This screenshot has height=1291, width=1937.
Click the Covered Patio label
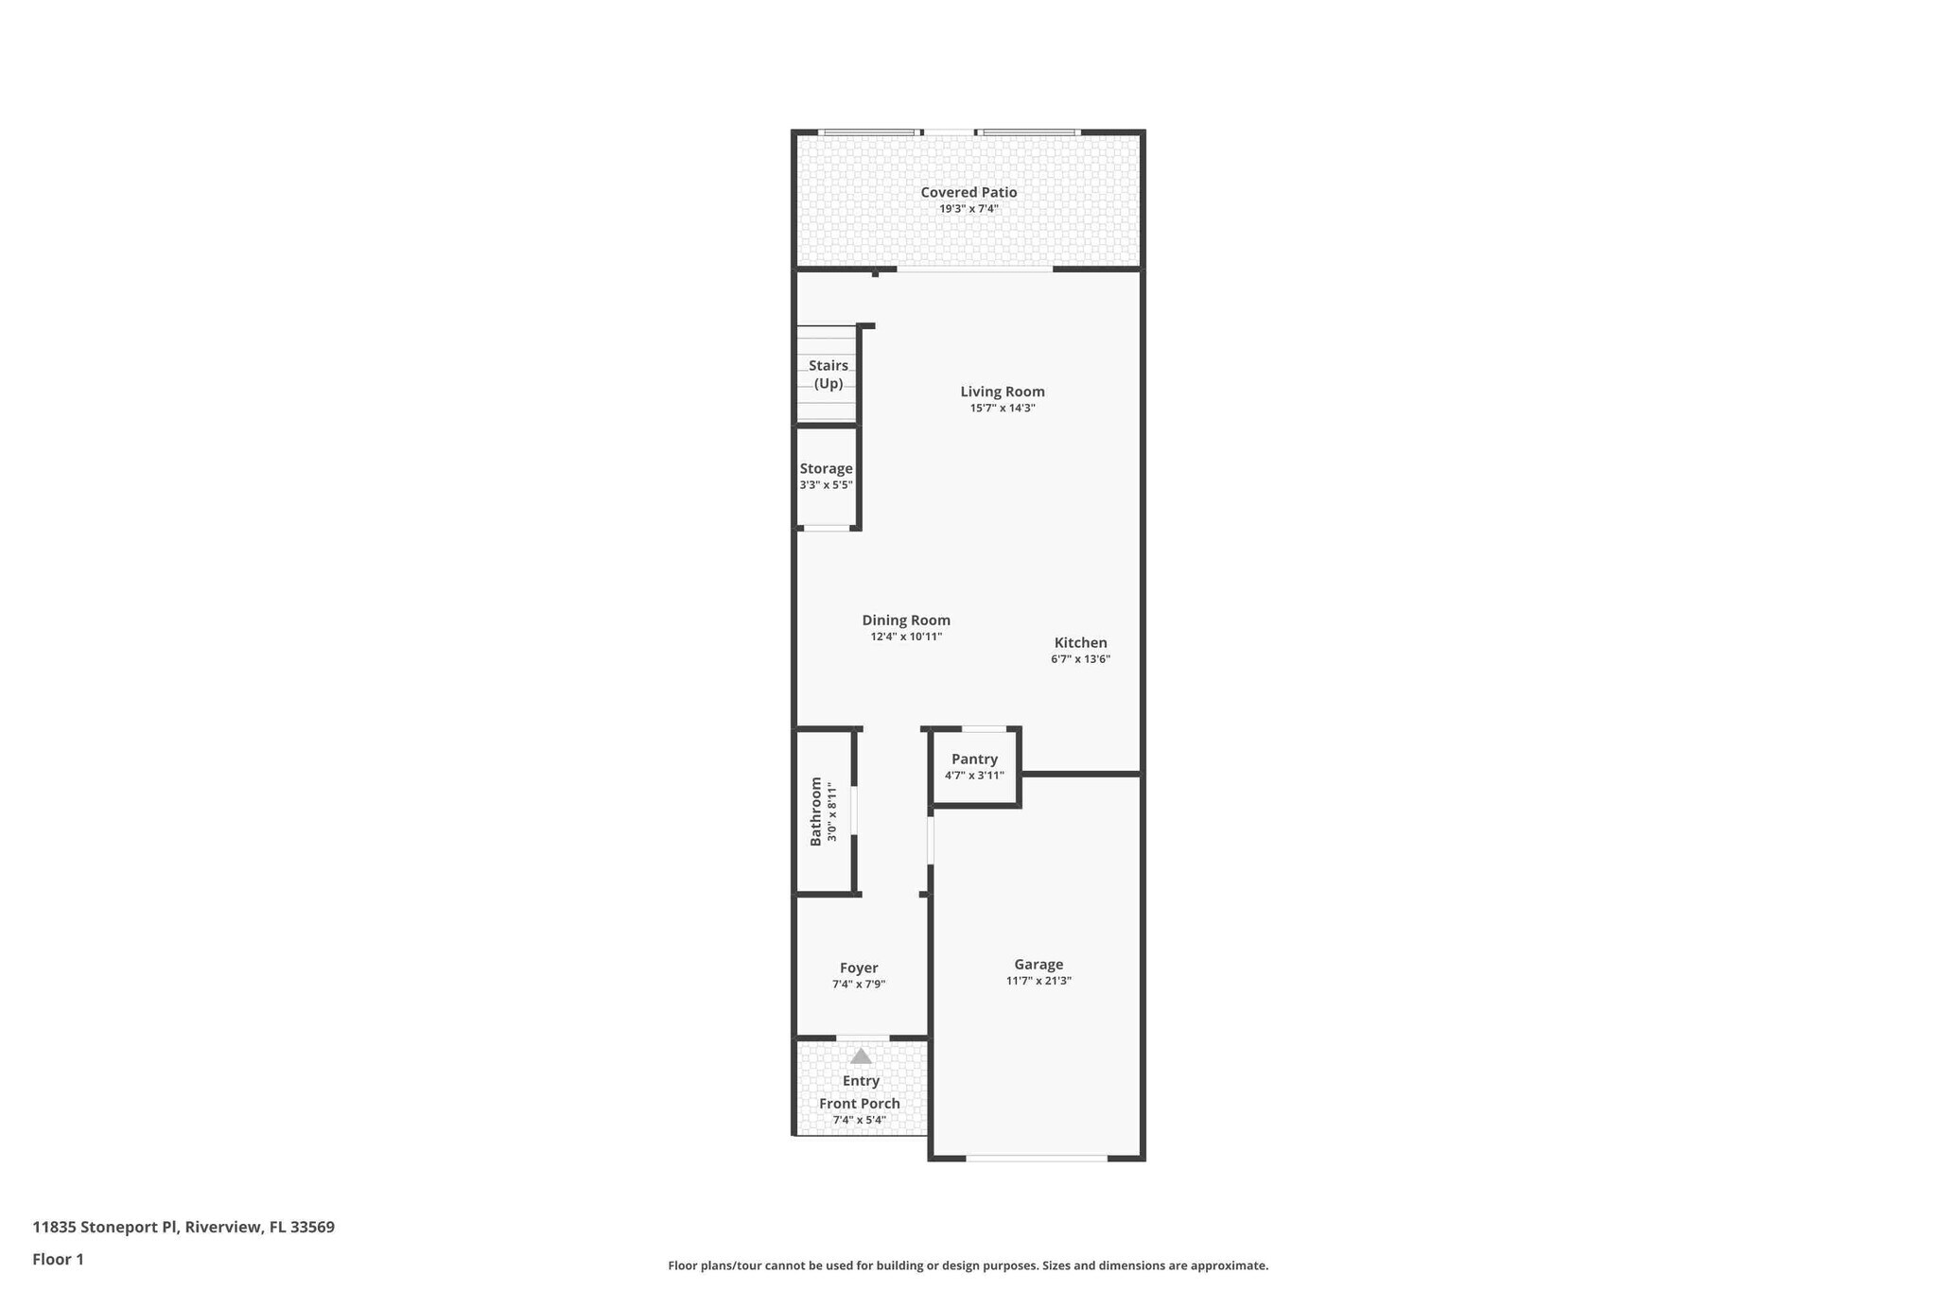click(x=968, y=192)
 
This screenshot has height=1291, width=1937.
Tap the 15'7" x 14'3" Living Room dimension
click(x=1002, y=409)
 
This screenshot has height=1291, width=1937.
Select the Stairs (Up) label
click(x=829, y=375)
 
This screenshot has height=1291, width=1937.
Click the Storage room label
click(x=826, y=468)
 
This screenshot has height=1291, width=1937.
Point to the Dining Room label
click(x=905, y=620)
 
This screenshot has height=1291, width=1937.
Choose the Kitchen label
click(x=1080, y=642)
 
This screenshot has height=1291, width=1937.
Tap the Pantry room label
click(x=974, y=759)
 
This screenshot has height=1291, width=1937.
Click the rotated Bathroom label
click(x=816, y=811)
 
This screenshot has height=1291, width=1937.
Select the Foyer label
click(x=859, y=968)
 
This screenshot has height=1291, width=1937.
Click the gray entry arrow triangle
click(x=861, y=1056)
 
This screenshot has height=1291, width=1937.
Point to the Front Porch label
click(x=859, y=1104)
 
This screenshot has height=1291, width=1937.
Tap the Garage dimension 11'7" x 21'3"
click(x=1038, y=981)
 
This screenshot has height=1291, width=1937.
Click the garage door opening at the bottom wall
click(x=1037, y=1158)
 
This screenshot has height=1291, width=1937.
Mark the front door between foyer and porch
click(x=863, y=1038)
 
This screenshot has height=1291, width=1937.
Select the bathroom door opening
click(x=854, y=811)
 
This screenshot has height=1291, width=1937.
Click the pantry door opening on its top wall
click(x=984, y=728)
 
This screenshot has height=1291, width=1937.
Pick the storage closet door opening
click(x=826, y=528)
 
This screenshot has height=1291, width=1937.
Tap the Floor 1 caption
click(x=58, y=1259)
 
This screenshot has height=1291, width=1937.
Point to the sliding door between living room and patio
click(x=974, y=270)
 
